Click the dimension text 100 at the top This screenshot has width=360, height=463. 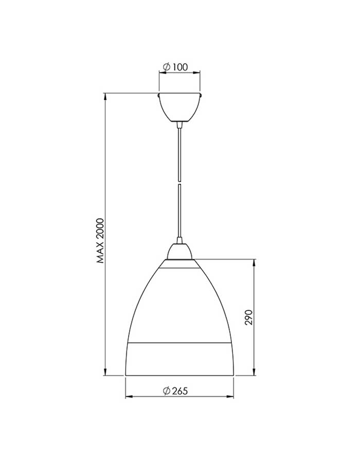[x=179, y=67]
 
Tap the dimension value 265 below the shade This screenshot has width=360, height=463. [x=179, y=391]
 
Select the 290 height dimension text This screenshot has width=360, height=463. [x=249, y=317]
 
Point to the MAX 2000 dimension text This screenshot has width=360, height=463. [x=101, y=241]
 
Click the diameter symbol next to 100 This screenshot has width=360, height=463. [x=167, y=67]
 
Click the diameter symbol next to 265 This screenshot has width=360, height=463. [x=167, y=391]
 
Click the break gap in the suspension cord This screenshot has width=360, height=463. [x=179, y=182]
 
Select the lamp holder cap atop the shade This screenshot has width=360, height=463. [x=179, y=251]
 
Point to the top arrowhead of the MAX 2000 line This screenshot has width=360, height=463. [x=105, y=97]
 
